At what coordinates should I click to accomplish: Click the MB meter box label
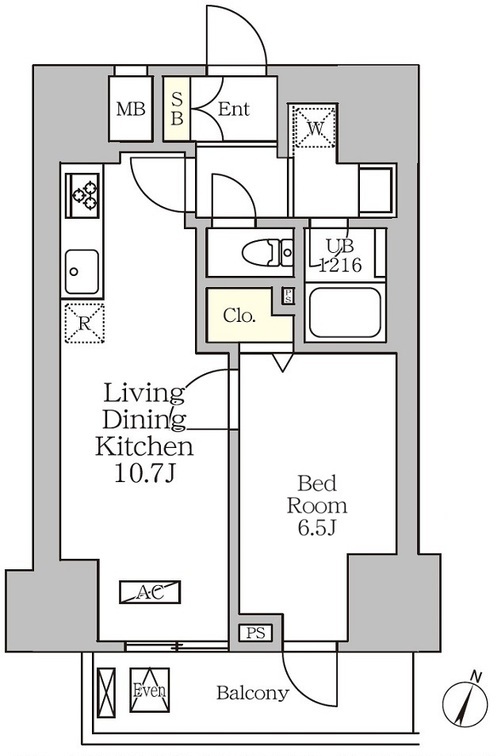(x=131, y=109)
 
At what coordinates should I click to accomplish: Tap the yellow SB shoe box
(x=177, y=109)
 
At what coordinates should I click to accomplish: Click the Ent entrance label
(x=234, y=109)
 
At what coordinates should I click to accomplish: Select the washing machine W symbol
(x=314, y=127)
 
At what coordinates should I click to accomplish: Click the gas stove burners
(x=84, y=195)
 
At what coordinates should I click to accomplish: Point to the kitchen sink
(x=82, y=272)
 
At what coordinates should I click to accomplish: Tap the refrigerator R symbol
(x=84, y=323)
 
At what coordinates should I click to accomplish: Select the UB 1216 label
(x=341, y=256)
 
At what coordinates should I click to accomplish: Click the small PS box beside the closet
(x=288, y=296)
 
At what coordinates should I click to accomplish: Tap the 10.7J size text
(x=145, y=474)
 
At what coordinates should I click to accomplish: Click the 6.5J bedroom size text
(x=317, y=528)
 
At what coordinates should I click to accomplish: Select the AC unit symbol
(x=150, y=592)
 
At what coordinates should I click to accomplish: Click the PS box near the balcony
(x=256, y=633)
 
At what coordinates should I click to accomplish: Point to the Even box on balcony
(x=149, y=690)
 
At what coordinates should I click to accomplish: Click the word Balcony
(x=253, y=693)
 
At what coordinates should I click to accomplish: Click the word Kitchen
(x=144, y=446)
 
